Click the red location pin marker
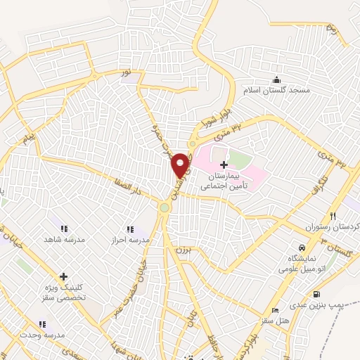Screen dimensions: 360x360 tap(181, 165)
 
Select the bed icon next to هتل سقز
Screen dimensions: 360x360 tap(276, 310)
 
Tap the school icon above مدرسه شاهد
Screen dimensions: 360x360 tap(64, 229)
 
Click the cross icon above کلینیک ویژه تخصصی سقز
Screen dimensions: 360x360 tap(63, 276)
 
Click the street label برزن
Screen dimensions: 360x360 tap(181, 252)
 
